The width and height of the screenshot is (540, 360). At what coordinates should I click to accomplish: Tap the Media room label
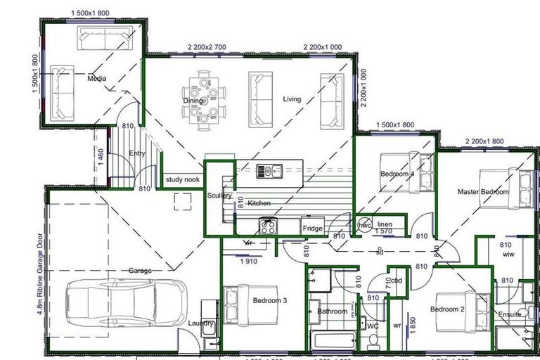96,79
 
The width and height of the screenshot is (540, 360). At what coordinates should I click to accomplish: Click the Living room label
292,99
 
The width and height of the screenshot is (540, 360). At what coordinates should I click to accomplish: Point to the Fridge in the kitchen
312,229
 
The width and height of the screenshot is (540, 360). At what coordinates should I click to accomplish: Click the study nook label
183,180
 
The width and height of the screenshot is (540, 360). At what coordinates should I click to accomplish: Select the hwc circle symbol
365,225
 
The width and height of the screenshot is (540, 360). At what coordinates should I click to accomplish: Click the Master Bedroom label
483,191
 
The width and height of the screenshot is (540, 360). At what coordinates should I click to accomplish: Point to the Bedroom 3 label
270,301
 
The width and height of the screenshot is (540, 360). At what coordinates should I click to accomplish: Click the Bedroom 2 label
448,309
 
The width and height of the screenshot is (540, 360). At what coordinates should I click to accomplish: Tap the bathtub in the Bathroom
335,342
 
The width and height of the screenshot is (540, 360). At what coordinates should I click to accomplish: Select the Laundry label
202,323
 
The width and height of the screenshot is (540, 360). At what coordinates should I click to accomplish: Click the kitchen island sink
269,169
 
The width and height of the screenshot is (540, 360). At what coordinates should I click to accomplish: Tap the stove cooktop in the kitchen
268,226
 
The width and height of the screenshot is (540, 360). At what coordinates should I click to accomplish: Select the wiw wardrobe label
508,256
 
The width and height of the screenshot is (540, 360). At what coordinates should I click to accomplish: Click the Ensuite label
510,314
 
